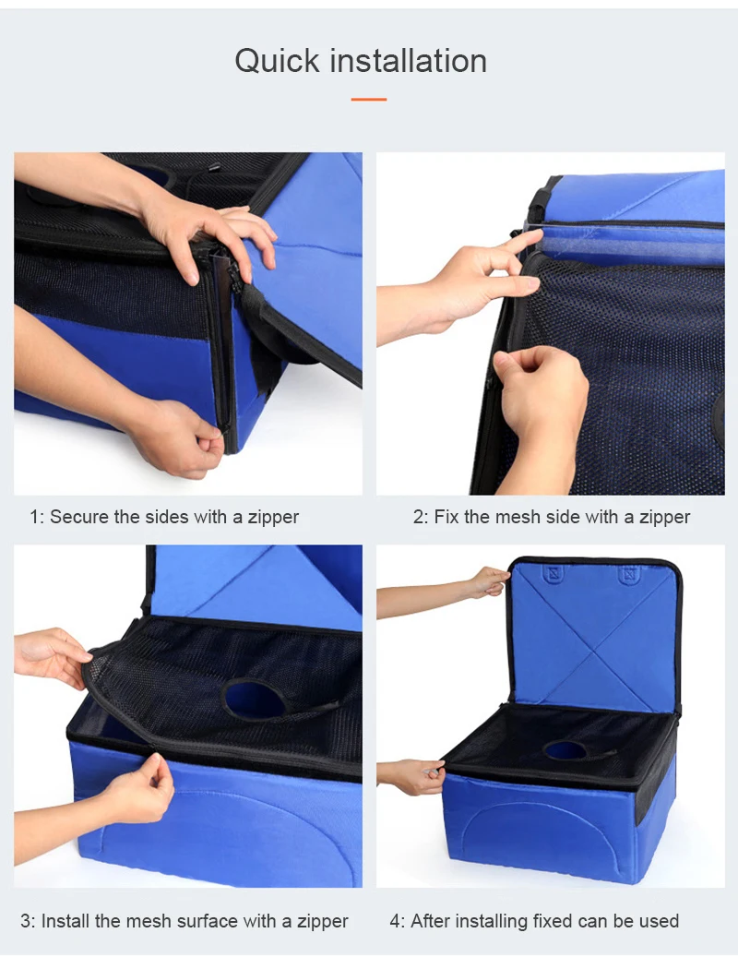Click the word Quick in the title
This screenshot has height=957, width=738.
(278, 62)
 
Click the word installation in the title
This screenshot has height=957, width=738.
(408, 60)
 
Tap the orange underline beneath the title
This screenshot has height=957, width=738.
(368, 99)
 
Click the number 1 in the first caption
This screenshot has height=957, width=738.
(35, 517)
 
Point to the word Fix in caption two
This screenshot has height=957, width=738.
(446, 517)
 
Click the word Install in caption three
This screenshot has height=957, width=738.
(65, 920)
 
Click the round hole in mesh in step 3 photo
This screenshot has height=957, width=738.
(255, 700)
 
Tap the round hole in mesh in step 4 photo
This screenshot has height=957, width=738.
(565, 750)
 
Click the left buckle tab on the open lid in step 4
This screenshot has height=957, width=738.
(553, 573)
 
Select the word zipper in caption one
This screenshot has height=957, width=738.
(273, 518)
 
